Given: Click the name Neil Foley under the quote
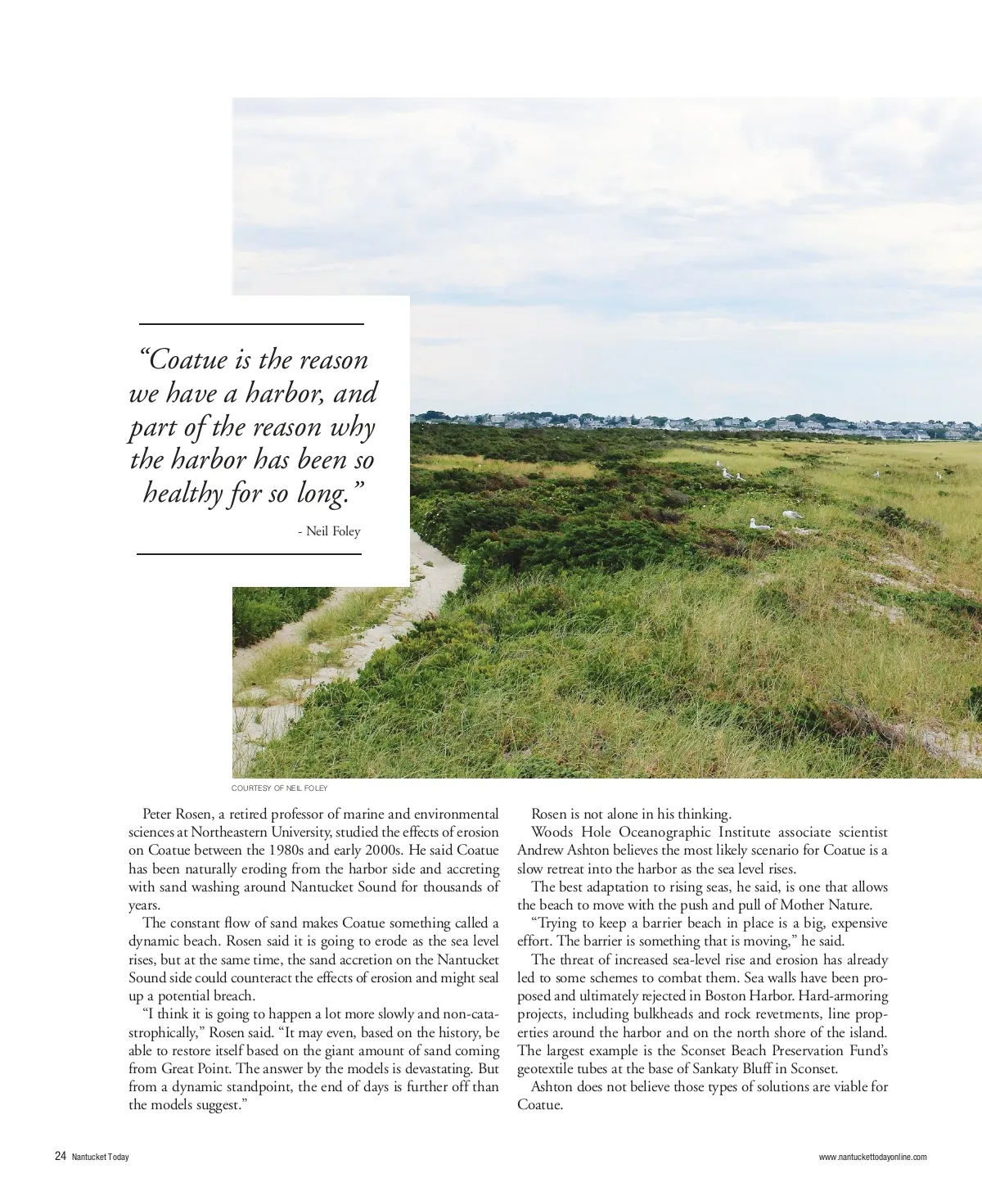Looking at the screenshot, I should coord(333,531).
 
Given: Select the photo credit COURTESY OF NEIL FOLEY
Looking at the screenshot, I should coord(279,788).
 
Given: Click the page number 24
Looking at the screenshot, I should coord(61,1156).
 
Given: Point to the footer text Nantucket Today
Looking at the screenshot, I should coord(100,1157).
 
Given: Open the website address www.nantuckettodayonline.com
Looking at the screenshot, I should coord(872,1157).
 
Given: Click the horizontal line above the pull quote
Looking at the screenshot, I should coord(251,324).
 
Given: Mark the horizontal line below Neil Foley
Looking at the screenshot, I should coord(249,554).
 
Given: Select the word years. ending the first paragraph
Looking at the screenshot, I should coord(145,905).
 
